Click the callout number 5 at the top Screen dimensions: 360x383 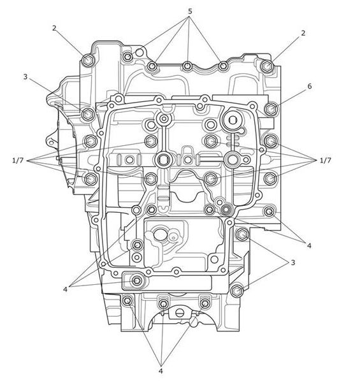[190, 11]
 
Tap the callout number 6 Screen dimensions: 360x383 [310, 86]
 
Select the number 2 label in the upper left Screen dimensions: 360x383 [54, 28]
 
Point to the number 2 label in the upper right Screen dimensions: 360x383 [303, 33]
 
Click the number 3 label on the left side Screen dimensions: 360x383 [25, 77]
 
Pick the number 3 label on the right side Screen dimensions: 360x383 [293, 263]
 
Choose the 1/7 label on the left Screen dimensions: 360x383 [18, 161]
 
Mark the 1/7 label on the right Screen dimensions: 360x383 [326, 161]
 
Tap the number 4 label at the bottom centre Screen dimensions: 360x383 [161, 372]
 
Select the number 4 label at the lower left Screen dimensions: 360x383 [65, 289]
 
